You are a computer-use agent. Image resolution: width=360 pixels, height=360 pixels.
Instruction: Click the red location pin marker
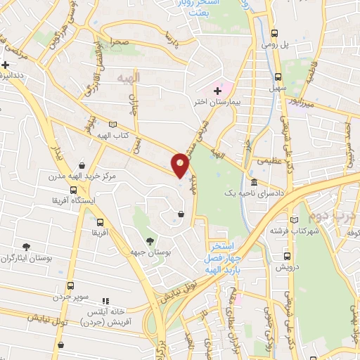pos(181,164)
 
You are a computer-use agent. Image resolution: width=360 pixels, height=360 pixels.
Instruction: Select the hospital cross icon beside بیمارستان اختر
pos(218,90)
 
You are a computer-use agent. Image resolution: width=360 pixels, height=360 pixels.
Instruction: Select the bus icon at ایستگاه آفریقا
pos(73,190)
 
